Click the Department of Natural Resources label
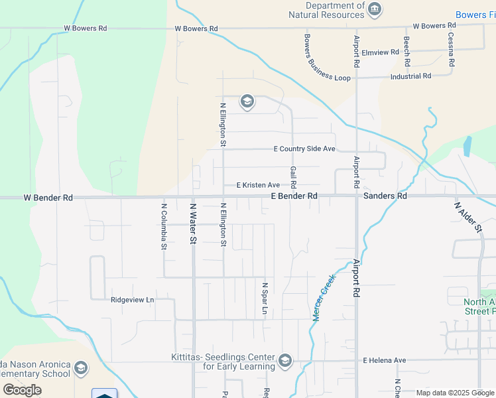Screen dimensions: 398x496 pos(326,10)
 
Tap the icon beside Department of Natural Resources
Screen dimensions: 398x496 pos(375,9)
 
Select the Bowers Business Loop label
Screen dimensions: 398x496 pos(327,58)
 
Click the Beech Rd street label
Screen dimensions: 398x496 pos(407,51)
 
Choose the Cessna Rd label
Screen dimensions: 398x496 pos(451,50)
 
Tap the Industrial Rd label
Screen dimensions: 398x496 pos(410,76)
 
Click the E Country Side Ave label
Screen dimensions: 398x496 pos(304,149)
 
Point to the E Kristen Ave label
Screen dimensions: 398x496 pos(258,185)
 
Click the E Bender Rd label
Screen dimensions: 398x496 pos(294,196)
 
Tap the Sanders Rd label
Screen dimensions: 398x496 pos(385,196)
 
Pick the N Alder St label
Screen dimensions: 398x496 pos(468,217)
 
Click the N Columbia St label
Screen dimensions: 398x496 pos(164,226)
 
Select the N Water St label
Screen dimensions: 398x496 pos(194,224)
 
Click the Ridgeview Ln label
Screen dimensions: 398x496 pos(132,300)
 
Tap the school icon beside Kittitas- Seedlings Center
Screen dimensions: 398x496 pos(285,360)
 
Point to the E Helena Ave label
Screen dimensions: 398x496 pos(384,360)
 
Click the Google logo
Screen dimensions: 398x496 pos(22,389)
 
